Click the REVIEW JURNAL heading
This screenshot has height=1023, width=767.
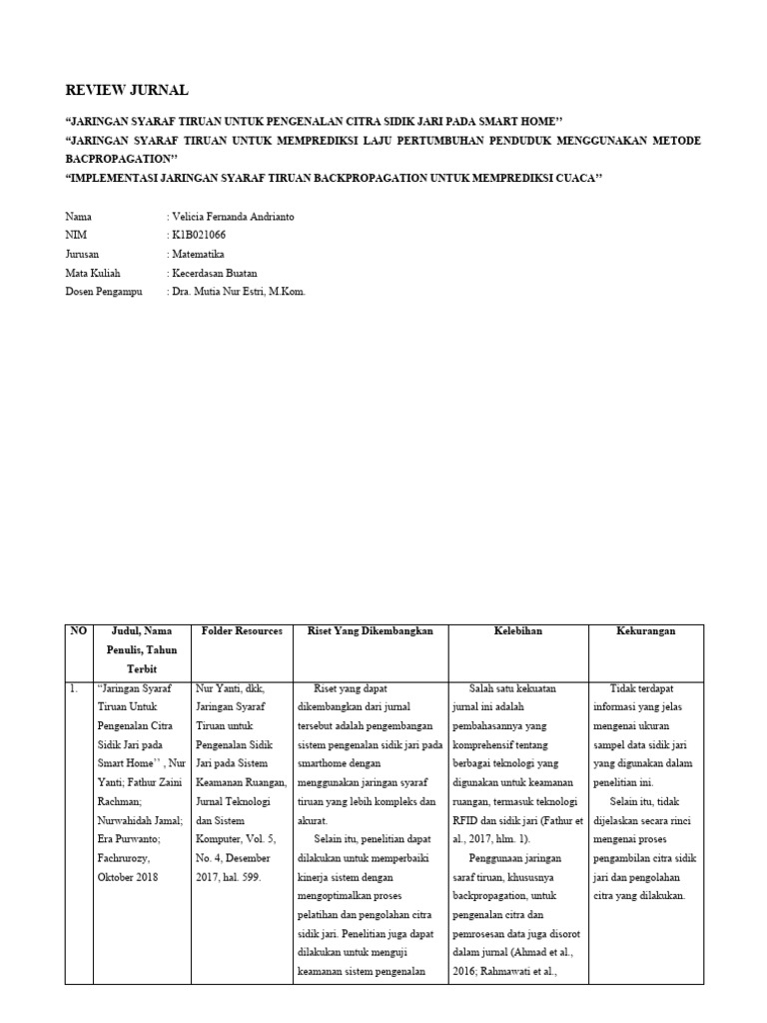(x=126, y=90)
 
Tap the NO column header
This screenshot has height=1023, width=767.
(x=79, y=631)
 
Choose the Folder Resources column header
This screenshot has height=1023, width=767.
(x=242, y=631)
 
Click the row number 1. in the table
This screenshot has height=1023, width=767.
(x=74, y=688)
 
